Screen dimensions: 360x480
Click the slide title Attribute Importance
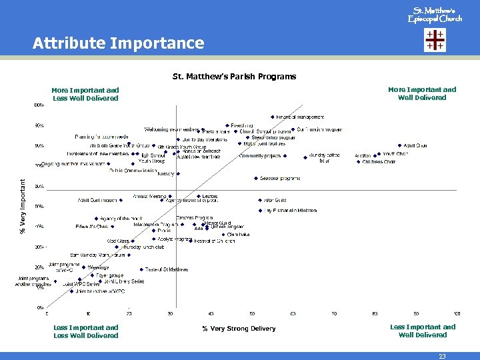pos(119,43)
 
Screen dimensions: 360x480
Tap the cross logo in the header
pos(435,41)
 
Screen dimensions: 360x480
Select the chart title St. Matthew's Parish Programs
pos(234,76)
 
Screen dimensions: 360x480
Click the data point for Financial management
pos(273,117)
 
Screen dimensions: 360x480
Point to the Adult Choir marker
pos(400,145)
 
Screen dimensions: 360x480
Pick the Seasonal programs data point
pos(256,178)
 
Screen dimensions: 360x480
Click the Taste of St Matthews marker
pos(141,269)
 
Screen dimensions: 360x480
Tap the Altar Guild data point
pos(260,199)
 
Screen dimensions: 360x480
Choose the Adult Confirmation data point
pos(124,199)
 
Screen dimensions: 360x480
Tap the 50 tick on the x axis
pos(252,313)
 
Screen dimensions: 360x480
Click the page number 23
pos(442,356)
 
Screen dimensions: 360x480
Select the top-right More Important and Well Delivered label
pos(422,93)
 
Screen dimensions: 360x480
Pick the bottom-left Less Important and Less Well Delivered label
pos(86,331)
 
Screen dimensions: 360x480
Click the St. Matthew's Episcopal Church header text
pos(434,15)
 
